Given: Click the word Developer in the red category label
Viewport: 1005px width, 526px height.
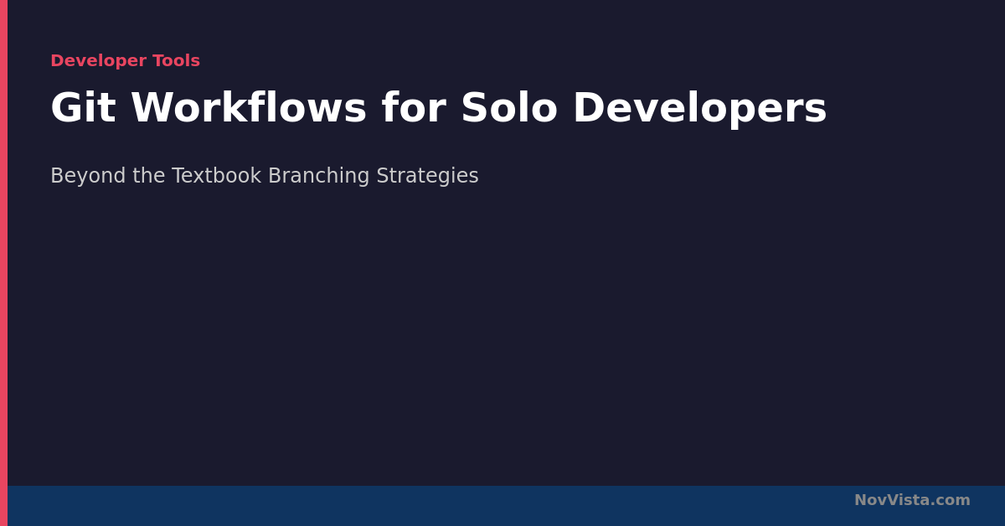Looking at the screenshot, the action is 99,61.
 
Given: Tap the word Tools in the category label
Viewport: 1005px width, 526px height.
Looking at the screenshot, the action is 177,60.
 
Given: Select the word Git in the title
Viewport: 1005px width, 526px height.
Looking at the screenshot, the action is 84,107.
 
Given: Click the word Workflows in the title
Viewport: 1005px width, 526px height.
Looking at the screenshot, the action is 249,107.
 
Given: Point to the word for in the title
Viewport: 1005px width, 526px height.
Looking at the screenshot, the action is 414,107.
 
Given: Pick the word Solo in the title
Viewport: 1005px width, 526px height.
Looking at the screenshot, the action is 509,107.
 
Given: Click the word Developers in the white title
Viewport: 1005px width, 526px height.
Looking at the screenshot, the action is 700,110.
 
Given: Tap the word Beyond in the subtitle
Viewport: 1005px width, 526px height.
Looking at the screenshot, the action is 88,176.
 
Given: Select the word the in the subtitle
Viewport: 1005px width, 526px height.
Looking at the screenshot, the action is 149,175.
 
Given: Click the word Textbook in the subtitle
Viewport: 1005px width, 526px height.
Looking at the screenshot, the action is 217,175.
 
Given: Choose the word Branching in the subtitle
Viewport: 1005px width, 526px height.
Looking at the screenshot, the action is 318,176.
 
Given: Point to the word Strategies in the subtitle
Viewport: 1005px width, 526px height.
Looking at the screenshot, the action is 428,176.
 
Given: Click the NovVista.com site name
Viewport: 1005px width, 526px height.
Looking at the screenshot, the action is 912,500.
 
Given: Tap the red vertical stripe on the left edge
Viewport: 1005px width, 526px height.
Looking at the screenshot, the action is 3,263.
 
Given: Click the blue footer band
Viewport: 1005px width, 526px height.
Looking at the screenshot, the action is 506,506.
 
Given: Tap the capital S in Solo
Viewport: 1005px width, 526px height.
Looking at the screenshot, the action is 474,107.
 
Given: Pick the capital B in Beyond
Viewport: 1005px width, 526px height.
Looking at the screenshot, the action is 57,175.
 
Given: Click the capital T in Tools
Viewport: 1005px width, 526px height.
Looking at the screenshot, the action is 159,60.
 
